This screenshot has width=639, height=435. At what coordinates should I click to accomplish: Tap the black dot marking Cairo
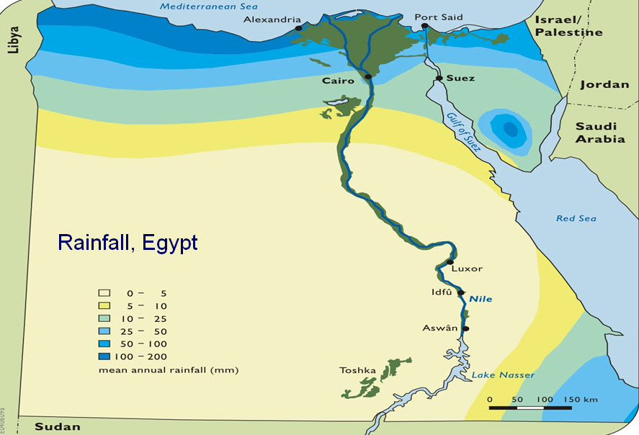point(368,76)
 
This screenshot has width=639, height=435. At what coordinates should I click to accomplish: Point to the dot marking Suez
point(439,78)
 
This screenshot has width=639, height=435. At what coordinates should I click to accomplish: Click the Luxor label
point(467,269)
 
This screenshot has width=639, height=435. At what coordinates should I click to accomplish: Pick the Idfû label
point(440,292)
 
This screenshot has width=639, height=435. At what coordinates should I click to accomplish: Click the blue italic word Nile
point(481,299)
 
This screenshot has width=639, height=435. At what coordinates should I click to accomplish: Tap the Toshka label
point(357,370)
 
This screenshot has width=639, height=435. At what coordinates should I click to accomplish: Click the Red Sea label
point(576,218)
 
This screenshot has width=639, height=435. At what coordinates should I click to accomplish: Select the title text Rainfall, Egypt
point(128,242)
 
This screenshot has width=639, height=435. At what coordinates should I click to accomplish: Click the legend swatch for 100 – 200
point(104,356)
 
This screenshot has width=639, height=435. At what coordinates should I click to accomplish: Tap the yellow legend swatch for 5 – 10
point(104,306)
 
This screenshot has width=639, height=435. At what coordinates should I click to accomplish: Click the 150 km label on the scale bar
point(582,399)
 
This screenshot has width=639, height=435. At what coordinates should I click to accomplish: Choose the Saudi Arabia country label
point(600,133)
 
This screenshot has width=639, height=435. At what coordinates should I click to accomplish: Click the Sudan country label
point(57,426)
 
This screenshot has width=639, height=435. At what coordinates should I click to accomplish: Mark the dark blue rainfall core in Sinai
point(510,130)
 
